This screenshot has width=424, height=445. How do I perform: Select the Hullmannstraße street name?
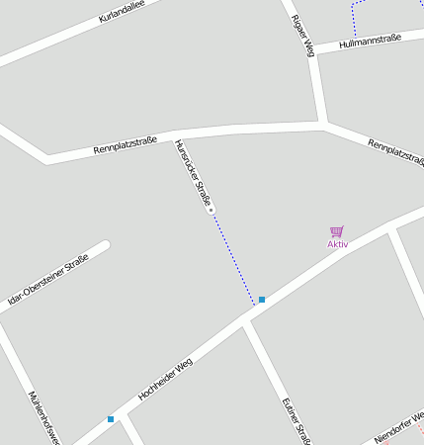[369, 42]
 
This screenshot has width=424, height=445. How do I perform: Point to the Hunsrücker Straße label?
[193, 172]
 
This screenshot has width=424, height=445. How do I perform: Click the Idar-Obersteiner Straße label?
[47, 283]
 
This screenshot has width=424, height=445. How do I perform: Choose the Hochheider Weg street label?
[165, 379]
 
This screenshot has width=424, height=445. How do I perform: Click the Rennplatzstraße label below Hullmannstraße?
[395, 151]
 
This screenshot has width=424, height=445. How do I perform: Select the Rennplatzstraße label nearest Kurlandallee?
[126, 146]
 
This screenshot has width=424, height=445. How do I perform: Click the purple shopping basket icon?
[337, 231]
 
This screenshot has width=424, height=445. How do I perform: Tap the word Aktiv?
[338, 244]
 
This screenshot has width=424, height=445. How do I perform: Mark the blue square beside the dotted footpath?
[262, 299]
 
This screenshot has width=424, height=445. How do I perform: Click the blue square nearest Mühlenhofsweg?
[111, 419]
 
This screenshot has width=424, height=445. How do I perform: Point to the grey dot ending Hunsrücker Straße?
[211, 210]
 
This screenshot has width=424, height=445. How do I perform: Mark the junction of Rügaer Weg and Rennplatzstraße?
[324, 124]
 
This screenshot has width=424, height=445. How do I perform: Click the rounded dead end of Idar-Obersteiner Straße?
[104, 244]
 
